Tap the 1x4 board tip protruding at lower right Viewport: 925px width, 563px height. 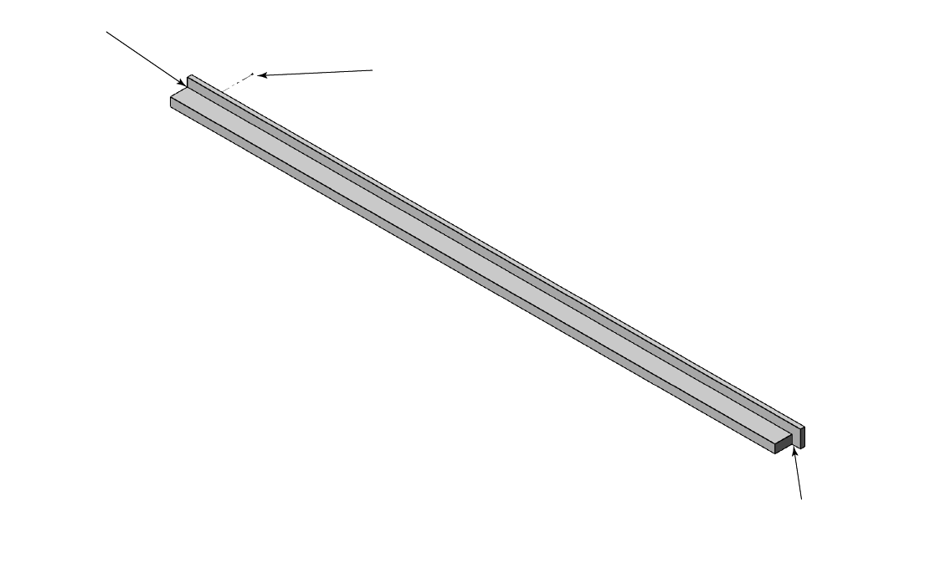[803, 435]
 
